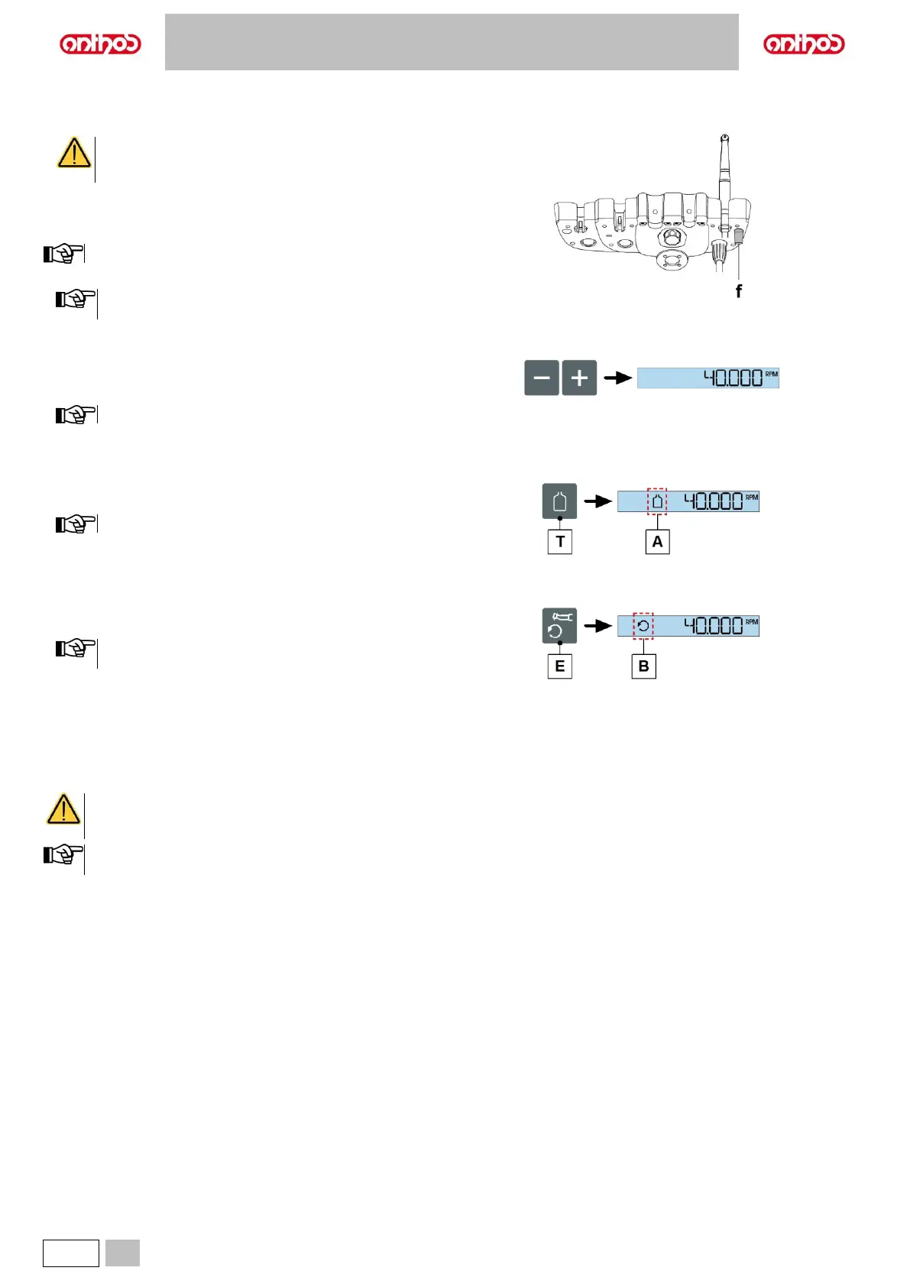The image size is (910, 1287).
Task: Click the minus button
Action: pyautogui.click(x=541, y=378)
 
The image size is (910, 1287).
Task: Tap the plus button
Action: pyautogui.click(x=579, y=378)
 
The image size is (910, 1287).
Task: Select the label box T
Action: pyautogui.click(x=560, y=542)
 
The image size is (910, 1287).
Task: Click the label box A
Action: pyautogui.click(x=657, y=542)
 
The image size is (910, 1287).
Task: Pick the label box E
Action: pyautogui.click(x=560, y=666)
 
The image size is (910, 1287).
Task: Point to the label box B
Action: pyautogui.click(x=643, y=666)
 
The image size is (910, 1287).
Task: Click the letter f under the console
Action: pyautogui.click(x=738, y=291)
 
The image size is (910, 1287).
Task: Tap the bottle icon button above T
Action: pyautogui.click(x=559, y=501)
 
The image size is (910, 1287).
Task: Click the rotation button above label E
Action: pyautogui.click(x=559, y=626)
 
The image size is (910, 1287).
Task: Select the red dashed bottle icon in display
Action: pyautogui.click(x=657, y=501)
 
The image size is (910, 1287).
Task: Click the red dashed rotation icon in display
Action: pyautogui.click(x=643, y=626)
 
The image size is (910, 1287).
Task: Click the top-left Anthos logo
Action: pyautogui.click(x=100, y=44)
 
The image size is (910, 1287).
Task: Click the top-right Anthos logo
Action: pyautogui.click(x=804, y=44)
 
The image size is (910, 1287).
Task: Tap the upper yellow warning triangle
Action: pyautogui.click(x=74, y=154)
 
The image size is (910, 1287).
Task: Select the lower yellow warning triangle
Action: pyautogui.click(x=63, y=809)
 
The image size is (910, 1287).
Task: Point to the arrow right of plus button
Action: pyautogui.click(x=617, y=378)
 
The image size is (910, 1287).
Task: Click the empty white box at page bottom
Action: pyautogui.click(x=71, y=1253)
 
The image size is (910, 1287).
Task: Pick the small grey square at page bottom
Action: pyautogui.click(x=122, y=1253)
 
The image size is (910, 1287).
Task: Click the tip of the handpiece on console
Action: pyautogui.click(x=724, y=138)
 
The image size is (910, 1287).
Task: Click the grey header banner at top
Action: pyautogui.click(x=452, y=42)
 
